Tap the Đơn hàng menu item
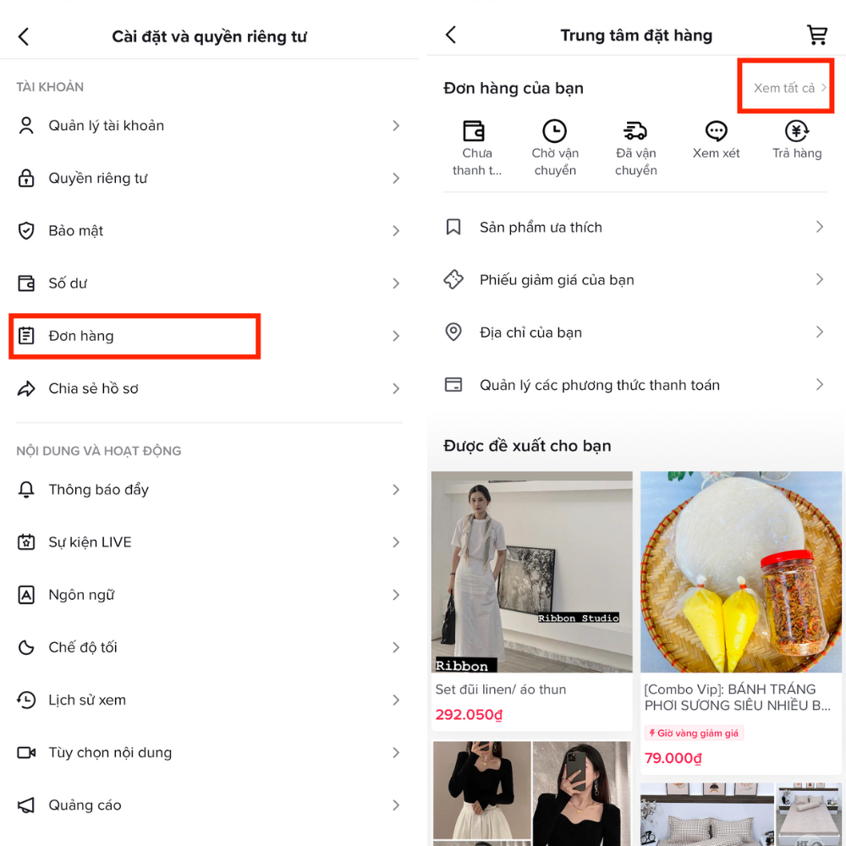coord(81,336)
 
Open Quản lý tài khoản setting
coord(107,126)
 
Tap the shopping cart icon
coord(817,35)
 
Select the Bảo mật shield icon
coord(26,231)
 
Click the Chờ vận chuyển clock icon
coord(554,131)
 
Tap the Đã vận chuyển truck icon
coord(635,131)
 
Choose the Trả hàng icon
coord(797,131)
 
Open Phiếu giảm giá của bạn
coord(557,280)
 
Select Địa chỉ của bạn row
coord(530,332)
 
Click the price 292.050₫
coord(469,715)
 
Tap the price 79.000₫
coord(673,758)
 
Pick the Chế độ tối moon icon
coord(26,647)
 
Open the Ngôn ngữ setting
coord(81,595)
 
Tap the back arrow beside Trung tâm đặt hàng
coord(451,35)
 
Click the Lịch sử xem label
coord(87,700)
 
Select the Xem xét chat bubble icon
coord(717,131)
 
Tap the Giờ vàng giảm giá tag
coord(694,733)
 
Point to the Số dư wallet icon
coord(26,283)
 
